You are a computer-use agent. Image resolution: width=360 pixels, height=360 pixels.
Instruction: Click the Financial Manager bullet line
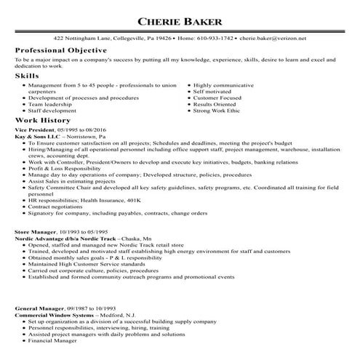point(53,340)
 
